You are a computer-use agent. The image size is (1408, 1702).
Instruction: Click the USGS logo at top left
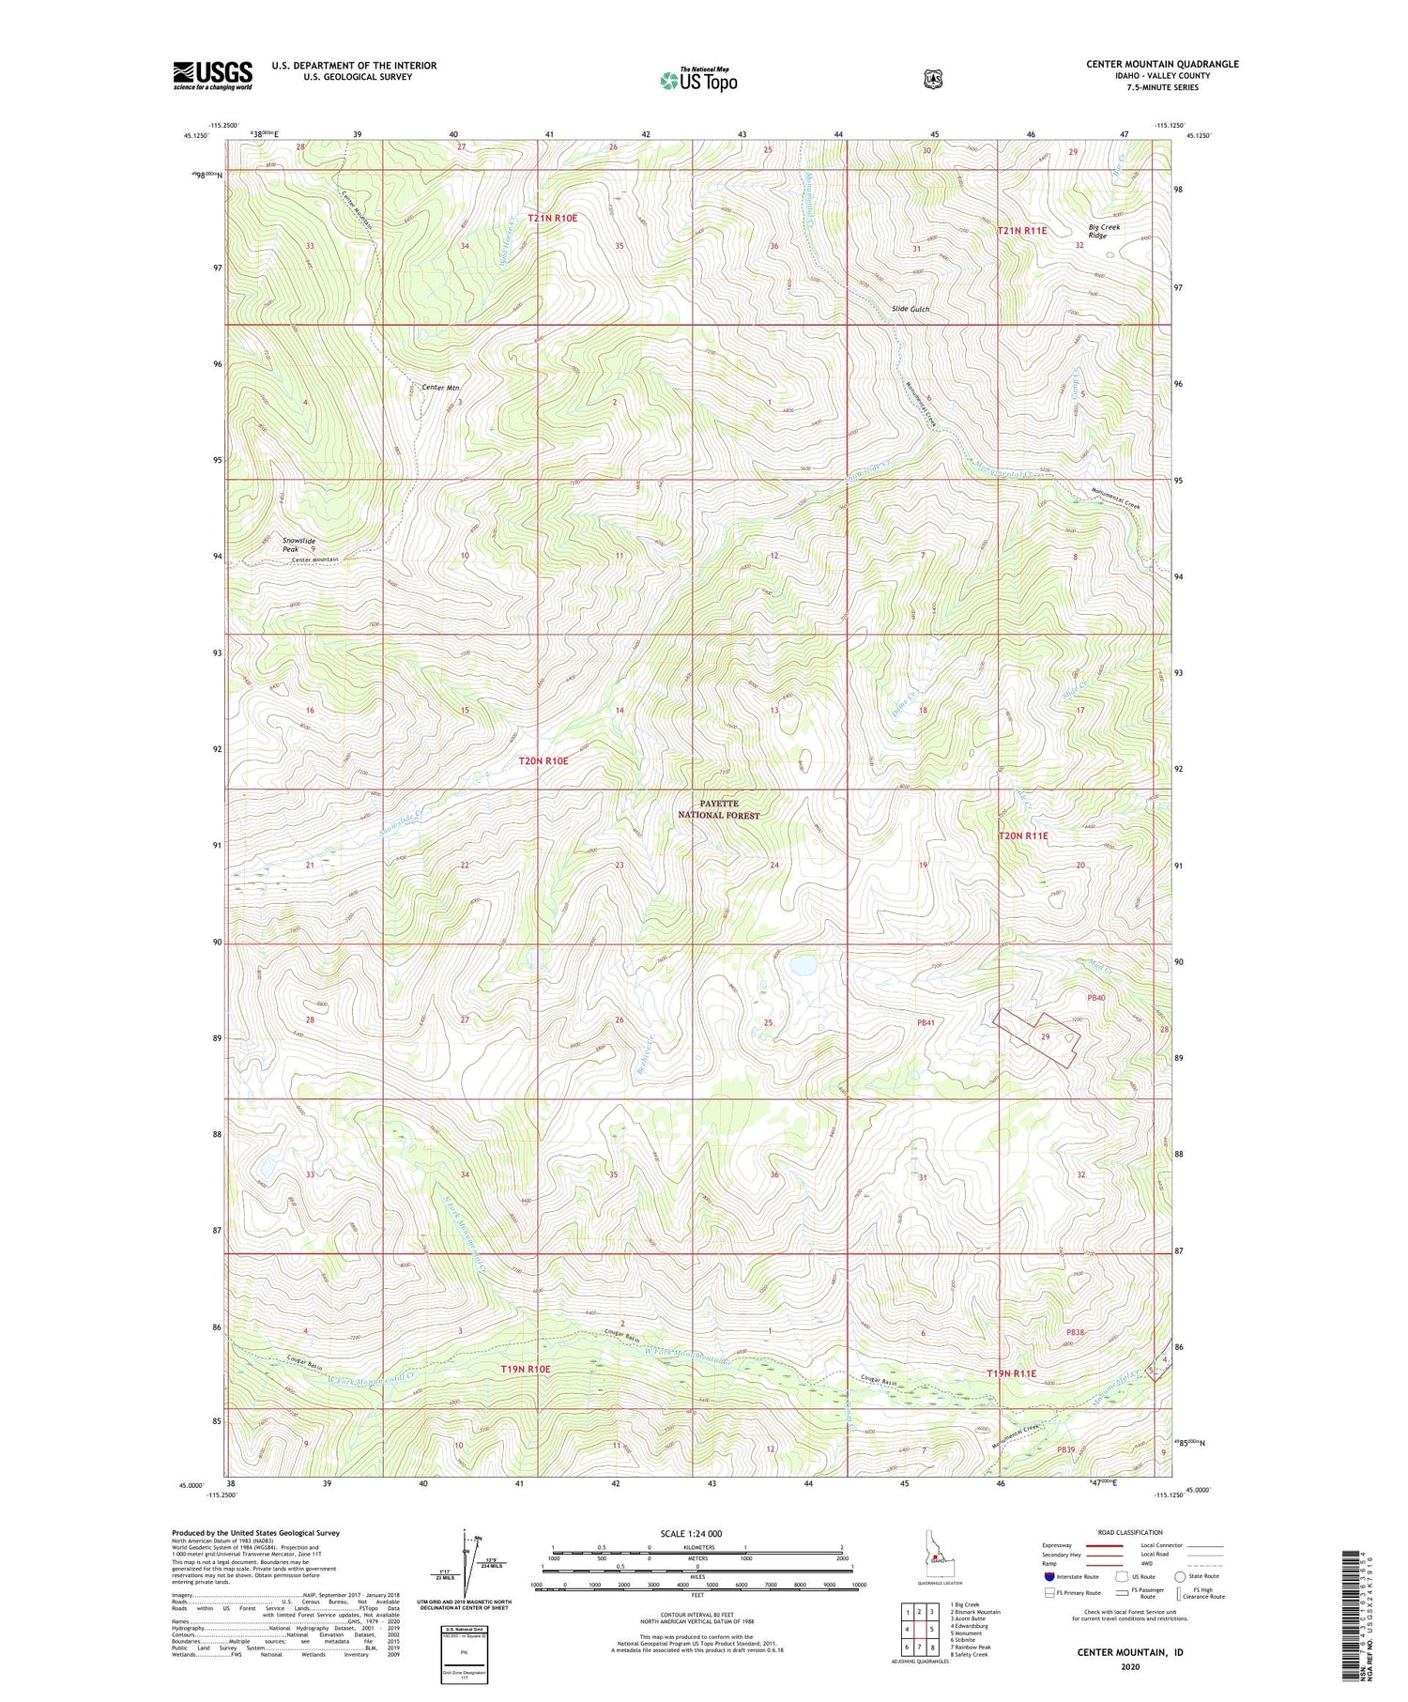coord(212,74)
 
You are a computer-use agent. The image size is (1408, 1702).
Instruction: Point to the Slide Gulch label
coord(911,309)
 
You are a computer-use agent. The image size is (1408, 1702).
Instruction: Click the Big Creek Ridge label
coord(1104,231)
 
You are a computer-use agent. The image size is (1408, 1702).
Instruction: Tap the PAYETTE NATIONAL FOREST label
coord(719,809)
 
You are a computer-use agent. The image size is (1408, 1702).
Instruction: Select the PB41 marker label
coord(926,1022)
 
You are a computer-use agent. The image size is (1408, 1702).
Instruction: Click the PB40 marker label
coord(1095,997)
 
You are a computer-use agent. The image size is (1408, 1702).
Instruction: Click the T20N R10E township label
coord(543,760)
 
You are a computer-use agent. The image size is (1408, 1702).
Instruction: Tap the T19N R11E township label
coord(1012,1373)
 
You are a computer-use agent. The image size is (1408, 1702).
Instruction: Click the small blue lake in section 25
coord(803,964)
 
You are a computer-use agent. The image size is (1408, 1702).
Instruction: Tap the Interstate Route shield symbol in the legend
coord(1048,1576)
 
